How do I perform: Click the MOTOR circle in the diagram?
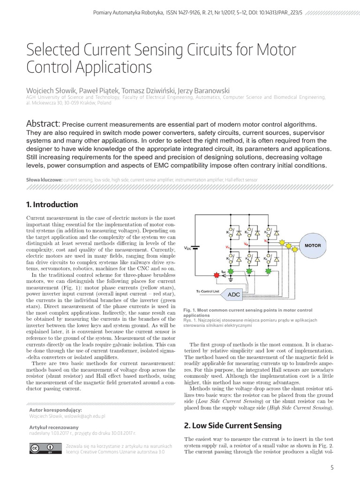tap(313, 245)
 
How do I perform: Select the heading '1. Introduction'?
tap(52, 204)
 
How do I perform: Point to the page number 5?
tap(332, 468)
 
